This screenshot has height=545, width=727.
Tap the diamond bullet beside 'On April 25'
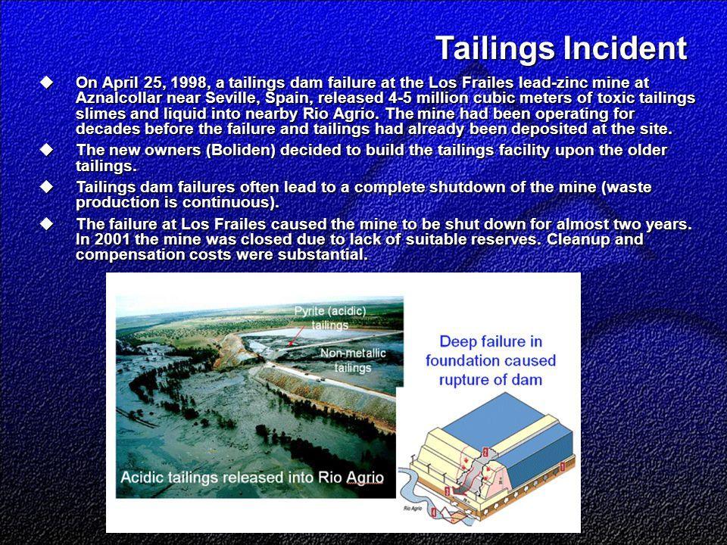click(46, 83)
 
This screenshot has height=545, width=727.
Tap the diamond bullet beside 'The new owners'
click(46, 150)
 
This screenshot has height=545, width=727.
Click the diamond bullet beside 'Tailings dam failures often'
click(46, 187)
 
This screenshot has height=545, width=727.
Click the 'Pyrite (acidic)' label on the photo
click(330, 311)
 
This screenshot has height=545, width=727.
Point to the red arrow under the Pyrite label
click(296, 335)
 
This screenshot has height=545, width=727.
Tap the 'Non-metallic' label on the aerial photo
click(353, 353)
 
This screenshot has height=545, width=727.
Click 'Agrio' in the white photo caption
click(364, 478)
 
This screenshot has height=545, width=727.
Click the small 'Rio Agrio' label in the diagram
click(412, 509)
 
